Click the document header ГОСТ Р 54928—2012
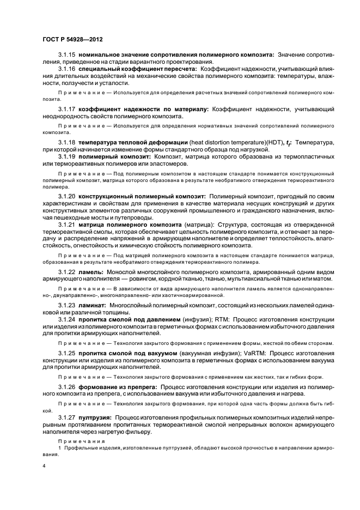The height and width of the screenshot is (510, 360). point(71,40)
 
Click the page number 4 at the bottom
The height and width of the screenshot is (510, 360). point(44,467)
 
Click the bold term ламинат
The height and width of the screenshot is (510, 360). point(93,305)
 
